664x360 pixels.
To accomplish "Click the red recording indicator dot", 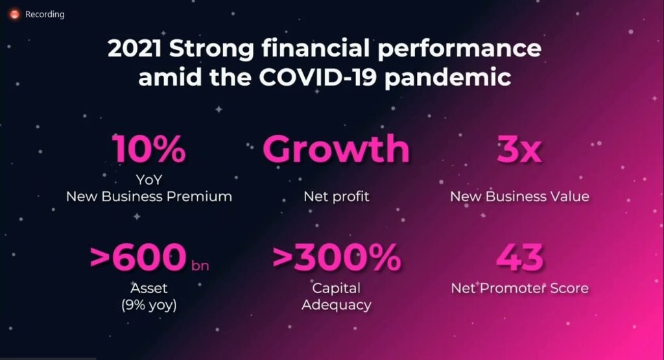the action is click(x=15, y=14).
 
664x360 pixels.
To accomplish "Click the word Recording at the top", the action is click(x=45, y=14).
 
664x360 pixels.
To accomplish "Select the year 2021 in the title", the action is click(x=135, y=48).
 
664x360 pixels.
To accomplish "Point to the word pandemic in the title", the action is click(x=447, y=78).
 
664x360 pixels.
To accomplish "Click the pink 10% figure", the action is click(x=149, y=149).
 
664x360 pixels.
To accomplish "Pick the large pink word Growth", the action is click(x=337, y=149).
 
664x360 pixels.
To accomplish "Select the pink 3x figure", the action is click(x=519, y=149).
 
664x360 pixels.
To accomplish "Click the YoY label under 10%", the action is click(x=149, y=180).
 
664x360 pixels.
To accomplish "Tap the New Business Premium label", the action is click(x=149, y=197).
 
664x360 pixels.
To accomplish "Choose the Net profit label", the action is click(x=337, y=197).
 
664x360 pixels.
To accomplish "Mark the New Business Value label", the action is click(x=519, y=197).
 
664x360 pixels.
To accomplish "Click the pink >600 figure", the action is click(x=138, y=257).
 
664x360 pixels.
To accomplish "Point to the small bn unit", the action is click(x=200, y=265).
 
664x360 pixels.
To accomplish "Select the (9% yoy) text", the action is click(x=149, y=305).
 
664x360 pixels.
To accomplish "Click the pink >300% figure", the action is click(x=337, y=257).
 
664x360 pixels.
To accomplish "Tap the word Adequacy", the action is click(x=337, y=305).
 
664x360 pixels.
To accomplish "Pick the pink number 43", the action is click(x=519, y=257).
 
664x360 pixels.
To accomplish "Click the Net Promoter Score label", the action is click(x=519, y=288).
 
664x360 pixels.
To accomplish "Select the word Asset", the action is click(x=149, y=288).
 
